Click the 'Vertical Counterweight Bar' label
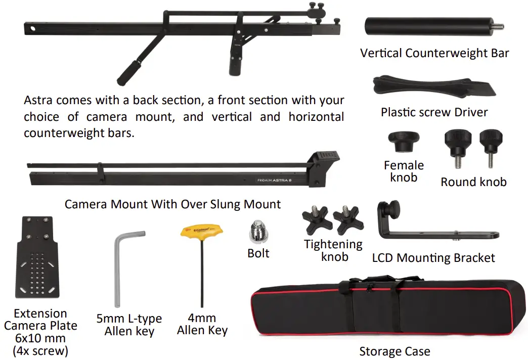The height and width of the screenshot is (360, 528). tap(434, 53)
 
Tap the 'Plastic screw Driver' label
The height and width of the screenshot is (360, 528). tap(434, 112)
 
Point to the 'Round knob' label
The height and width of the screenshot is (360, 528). tap(473, 182)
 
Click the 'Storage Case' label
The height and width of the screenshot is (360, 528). tap(394, 351)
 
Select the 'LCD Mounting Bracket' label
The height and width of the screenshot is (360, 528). tap(433, 258)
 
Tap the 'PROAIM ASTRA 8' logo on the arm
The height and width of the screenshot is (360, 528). tap(277, 179)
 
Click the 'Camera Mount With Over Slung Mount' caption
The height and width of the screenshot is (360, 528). tap(172, 204)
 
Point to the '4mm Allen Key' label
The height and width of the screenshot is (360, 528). tap(202, 324)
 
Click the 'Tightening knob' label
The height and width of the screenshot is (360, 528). tap(333, 250)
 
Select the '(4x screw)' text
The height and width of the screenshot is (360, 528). tap(40, 350)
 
